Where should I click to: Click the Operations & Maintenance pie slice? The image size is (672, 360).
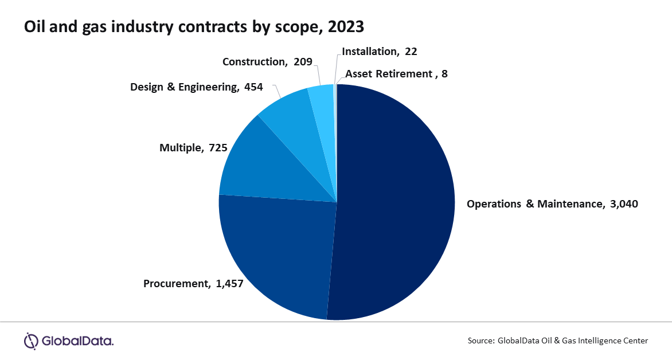pyautogui.click(x=396, y=201)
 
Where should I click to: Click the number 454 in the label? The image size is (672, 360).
pyautogui.click(x=253, y=87)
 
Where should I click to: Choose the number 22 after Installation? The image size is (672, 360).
pyautogui.click(x=411, y=51)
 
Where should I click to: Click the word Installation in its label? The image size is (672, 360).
pyautogui.click(x=369, y=51)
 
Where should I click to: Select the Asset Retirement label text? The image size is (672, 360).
pyautogui.click(x=388, y=74)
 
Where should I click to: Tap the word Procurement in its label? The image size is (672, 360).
pyautogui.click(x=177, y=283)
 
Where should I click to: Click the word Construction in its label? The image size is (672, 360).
pyautogui.click(x=253, y=62)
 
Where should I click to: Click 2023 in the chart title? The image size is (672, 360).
pyautogui.click(x=346, y=26)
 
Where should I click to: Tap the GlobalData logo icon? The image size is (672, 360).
pyautogui.click(x=30, y=341)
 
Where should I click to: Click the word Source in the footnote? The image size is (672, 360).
pyautogui.click(x=480, y=341)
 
